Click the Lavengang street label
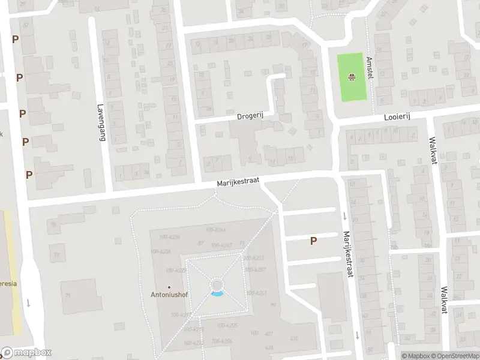coord(100,122)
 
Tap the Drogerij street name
coord(249,116)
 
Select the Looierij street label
coord(397,119)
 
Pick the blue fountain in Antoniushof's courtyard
coord(217,293)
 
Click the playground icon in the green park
coord(351,77)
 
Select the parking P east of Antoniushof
coord(313,241)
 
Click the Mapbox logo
coord(26,353)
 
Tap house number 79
coord(68,295)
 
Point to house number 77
coord(58,254)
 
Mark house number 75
coord(53,224)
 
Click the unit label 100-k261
coord(256,293)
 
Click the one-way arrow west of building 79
coord(28,304)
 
